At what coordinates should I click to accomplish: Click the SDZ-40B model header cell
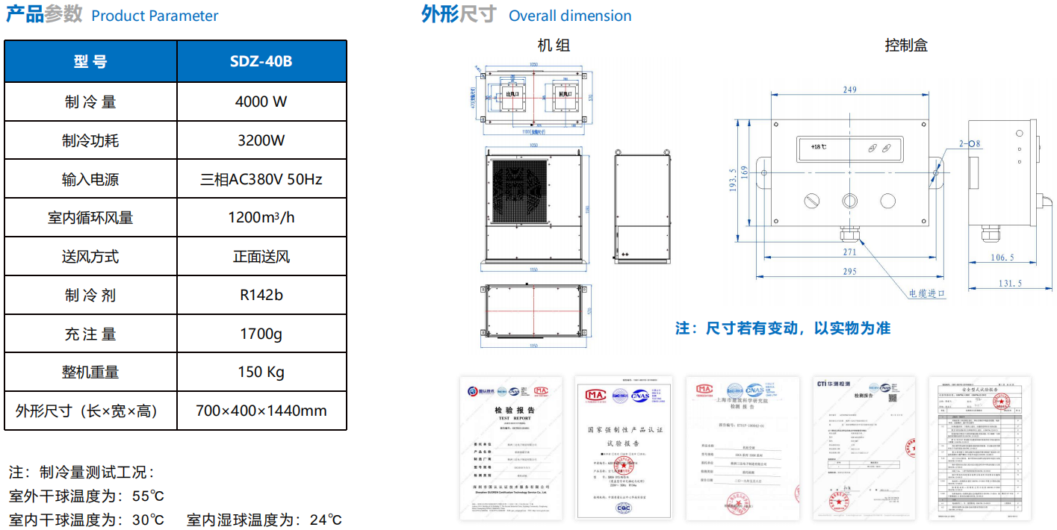(x=261, y=61)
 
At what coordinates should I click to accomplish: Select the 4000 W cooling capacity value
(x=261, y=102)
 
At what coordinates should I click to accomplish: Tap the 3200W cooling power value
(x=261, y=140)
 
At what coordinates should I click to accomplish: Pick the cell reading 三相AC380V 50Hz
(x=261, y=179)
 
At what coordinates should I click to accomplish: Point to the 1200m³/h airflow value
(x=261, y=218)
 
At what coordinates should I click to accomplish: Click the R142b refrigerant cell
(x=261, y=295)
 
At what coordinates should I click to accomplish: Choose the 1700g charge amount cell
(x=261, y=334)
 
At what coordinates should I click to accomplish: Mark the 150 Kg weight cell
(x=261, y=372)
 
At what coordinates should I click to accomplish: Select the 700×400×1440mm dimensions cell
(x=261, y=411)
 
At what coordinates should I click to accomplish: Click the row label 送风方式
(x=90, y=257)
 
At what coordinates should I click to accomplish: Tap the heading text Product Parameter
(x=155, y=16)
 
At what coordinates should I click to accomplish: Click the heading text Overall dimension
(x=570, y=16)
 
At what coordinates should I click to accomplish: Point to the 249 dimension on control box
(x=849, y=90)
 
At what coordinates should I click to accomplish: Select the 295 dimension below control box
(x=849, y=272)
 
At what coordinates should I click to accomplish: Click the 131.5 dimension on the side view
(x=1010, y=283)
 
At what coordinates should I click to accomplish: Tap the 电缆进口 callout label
(x=927, y=293)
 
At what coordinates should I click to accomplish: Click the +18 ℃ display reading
(x=819, y=147)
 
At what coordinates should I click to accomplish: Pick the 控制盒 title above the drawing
(x=906, y=46)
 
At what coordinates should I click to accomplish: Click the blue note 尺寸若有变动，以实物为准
(x=783, y=328)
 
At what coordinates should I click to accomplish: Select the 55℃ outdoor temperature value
(x=148, y=496)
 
